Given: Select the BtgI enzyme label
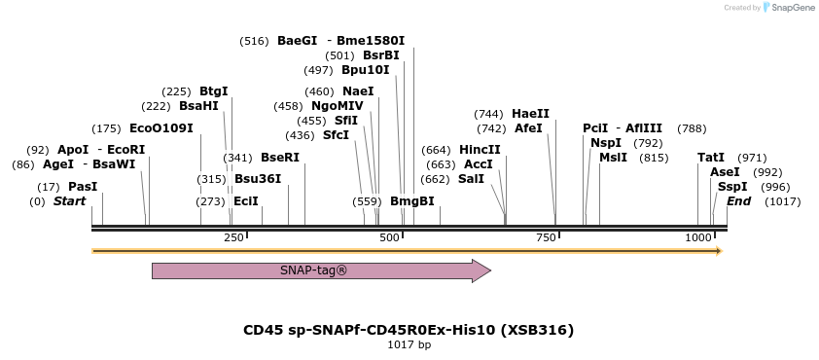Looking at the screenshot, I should pyautogui.click(x=214, y=90).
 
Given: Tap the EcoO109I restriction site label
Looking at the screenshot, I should pyautogui.click(x=161, y=127).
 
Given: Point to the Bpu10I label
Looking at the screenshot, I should pyautogui.click(x=365, y=69).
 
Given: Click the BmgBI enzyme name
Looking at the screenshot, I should pyautogui.click(x=411, y=200).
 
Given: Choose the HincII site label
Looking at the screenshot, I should pyautogui.click(x=480, y=149).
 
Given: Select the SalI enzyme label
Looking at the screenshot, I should pyautogui.click(x=471, y=178).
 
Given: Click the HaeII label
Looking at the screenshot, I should pyautogui.click(x=530, y=113).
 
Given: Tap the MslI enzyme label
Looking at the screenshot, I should pyautogui.click(x=613, y=157).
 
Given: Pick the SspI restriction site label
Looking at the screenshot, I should pyautogui.click(x=732, y=186).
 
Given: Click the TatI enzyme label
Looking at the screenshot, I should pyautogui.click(x=711, y=157).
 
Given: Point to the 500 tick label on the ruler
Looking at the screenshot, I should pyautogui.click(x=389, y=237).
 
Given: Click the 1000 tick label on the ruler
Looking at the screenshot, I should pyautogui.click(x=697, y=237).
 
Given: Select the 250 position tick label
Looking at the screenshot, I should pyautogui.click(x=233, y=237).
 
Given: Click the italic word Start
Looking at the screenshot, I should pyautogui.click(x=69, y=200).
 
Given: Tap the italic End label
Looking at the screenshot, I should pyautogui.click(x=738, y=200).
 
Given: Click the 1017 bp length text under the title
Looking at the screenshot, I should pyautogui.click(x=409, y=344).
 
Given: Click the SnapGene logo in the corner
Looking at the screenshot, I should pyautogui.click(x=789, y=8).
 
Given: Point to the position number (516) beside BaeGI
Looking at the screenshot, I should pyautogui.click(x=254, y=40).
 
